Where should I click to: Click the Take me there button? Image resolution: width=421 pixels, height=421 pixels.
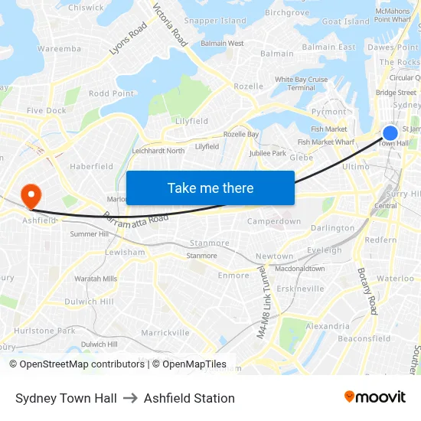coord(210,188)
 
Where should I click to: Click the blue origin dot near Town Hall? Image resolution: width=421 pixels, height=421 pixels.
coord(390,133)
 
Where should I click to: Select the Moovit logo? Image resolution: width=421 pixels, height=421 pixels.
coord(375,397)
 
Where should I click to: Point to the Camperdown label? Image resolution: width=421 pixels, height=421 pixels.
coord(273,221)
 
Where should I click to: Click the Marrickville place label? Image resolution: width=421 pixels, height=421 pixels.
coord(165,332)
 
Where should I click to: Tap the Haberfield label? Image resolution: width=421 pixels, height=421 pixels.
coord(91,166)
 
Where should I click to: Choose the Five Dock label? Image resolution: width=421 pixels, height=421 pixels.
coord(46,110)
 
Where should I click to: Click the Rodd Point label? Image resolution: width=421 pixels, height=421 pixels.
coord(111,93)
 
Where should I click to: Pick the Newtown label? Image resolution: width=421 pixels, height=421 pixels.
coord(274,256)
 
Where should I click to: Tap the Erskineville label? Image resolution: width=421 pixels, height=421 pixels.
coord(301,289)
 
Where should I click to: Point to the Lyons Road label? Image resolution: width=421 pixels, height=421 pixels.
coord(128,38)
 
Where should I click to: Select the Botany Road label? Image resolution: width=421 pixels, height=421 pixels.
coord(367,291)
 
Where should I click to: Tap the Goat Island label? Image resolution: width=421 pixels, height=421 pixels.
coord(346,22)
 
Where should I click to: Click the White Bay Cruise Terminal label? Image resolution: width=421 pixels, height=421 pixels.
coord(301,83)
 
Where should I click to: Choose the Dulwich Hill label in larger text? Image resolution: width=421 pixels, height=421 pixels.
coord(89,302)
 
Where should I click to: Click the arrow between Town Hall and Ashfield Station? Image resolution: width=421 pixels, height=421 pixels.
coord(130,398)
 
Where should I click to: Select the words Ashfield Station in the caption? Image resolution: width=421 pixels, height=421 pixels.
coord(189,398)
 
